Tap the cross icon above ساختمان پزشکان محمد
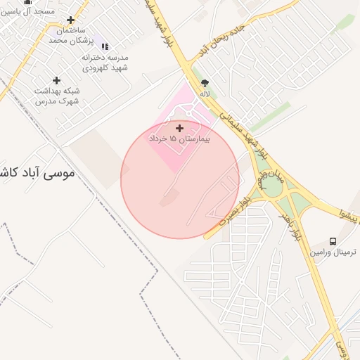point(70,20)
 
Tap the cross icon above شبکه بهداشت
point(57,80)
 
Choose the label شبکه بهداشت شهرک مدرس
point(57,96)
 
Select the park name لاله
point(205,94)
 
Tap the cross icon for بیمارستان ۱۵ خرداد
point(180,128)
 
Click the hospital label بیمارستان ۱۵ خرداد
point(180,140)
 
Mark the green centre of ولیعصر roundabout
point(270,187)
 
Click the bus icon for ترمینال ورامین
point(333,240)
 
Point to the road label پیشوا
point(349,214)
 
